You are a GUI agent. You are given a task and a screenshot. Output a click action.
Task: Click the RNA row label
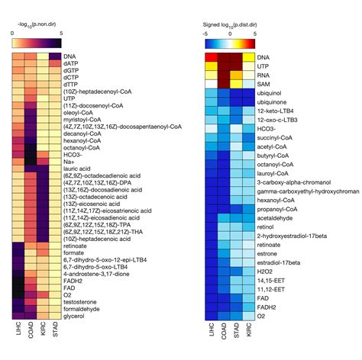(x=263, y=75)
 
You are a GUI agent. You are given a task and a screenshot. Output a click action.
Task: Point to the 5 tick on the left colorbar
(x=60, y=34)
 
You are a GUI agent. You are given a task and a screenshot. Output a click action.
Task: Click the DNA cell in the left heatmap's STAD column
(x=56, y=56)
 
